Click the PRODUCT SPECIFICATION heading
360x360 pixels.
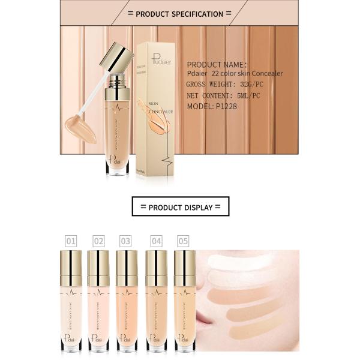179,13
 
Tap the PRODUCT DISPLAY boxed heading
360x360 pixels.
180,207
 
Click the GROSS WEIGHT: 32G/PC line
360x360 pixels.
226,85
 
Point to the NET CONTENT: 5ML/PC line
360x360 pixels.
225,95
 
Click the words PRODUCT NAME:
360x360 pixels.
217,64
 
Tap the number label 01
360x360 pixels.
71,241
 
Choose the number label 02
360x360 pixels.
98,241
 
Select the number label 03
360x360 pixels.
125,241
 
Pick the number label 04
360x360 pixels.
157,241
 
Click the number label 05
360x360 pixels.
183,241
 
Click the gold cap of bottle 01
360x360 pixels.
71,268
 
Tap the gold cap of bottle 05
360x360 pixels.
184,268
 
